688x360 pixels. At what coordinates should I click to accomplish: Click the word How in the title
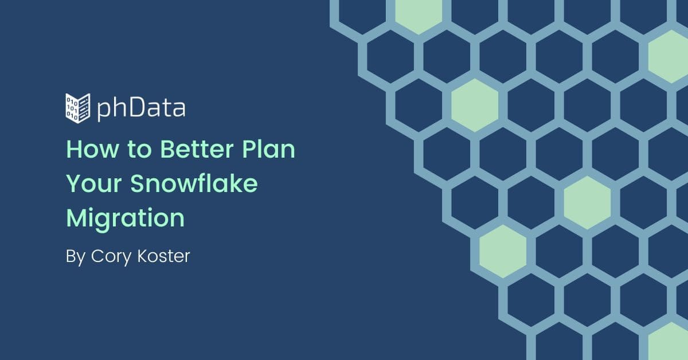pyautogui.click(x=92, y=149)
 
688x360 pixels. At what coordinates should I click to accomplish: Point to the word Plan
pyautogui.click(x=269, y=149)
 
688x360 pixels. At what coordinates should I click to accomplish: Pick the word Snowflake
pyautogui.click(x=194, y=183)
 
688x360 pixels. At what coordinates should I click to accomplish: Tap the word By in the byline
pyautogui.click(x=76, y=256)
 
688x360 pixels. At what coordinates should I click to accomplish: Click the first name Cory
pyautogui.click(x=111, y=256)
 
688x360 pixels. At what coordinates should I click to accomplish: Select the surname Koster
pyautogui.click(x=164, y=256)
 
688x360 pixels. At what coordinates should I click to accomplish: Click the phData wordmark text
pyautogui.click(x=141, y=108)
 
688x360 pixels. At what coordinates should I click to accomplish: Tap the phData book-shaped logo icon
pyautogui.click(x=78, y=108)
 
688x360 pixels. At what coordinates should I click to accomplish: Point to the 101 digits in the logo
pyautogui.click(x=72, y=109)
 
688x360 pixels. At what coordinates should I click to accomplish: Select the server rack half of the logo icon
pyautogui.click(x=84, y=108)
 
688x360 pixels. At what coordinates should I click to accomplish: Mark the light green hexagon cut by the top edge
pyautogui.click(x=419, y=15)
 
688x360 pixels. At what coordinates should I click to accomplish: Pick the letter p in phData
pyautogui.click(x=104, y=111)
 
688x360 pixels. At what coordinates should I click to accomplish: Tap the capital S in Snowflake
pyautogui.click(x=138, y=183)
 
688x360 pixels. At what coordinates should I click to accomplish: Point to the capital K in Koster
pyautogui.click(x=143, y=256)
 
